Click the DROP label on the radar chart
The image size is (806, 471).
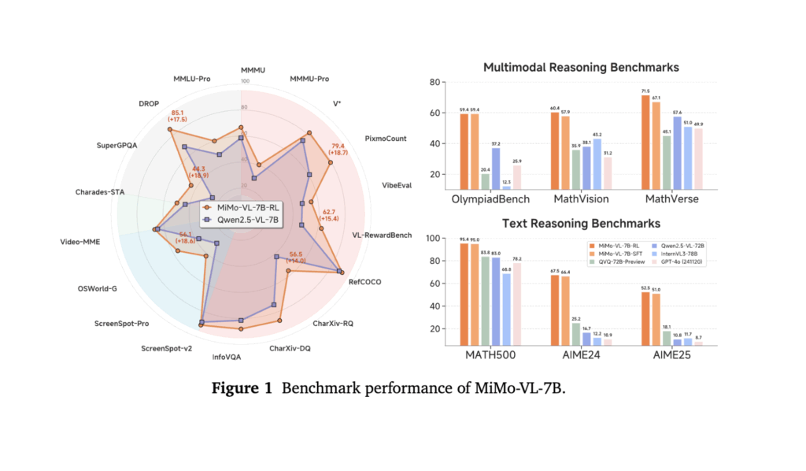click(149, 102)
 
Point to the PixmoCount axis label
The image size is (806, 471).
click(386, 139)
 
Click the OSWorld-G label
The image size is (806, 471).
click(98, 288)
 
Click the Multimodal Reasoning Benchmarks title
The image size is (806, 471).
click(581, 68)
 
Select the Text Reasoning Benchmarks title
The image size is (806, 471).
click(581, 223)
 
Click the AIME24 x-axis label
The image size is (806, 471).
click(580, 355)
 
